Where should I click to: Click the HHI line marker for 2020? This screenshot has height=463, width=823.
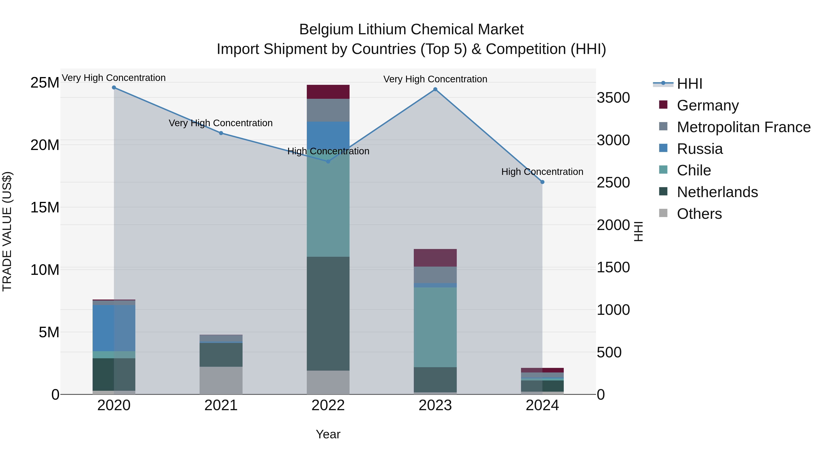click(114, 88)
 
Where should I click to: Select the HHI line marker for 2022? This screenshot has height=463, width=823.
click(328, 161)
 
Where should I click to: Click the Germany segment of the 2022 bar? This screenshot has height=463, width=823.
click(328, 92)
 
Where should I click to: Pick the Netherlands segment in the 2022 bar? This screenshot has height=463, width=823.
click(328, 313)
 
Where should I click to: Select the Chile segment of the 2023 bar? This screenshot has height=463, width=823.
click(435, 327)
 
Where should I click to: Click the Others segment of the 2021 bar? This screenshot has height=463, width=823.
click(221, 380)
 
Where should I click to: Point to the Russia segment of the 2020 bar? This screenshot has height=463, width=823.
click(114, 328)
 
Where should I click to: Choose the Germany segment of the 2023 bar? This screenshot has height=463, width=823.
click(435, 257)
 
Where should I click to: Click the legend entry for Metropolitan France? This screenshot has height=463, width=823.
click(743, 127)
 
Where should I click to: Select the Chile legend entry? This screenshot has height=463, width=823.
click(694, 170)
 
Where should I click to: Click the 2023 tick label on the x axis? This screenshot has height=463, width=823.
click(435, 405)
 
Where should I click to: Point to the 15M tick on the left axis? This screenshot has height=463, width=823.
click(45, 208)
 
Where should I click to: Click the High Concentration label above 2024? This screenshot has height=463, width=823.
click(542, 172)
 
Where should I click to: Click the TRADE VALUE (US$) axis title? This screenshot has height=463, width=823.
click(7, 231)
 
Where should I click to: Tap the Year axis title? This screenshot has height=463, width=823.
click(328, 434)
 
